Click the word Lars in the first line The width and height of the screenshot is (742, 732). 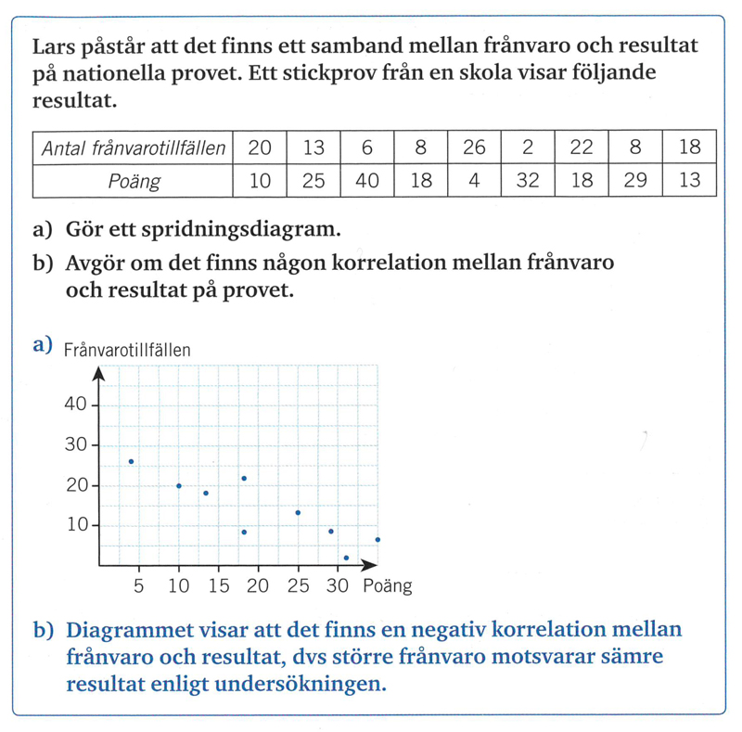52,46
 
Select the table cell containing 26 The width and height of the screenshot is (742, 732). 474,148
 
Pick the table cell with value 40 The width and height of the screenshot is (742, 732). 367,181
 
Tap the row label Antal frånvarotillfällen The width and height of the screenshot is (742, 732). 132,148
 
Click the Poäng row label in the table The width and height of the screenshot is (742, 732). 132,181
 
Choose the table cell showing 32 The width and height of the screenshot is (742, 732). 528,181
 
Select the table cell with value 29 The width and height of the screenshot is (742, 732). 635,181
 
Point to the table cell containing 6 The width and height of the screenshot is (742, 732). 367,148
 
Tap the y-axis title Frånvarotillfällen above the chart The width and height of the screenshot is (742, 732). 127,350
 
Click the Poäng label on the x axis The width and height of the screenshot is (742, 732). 388,586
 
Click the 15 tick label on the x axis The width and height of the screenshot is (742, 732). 218,586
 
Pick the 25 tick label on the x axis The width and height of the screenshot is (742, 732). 298,586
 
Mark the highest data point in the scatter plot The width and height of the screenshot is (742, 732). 131,461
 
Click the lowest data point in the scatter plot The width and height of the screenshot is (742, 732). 346,558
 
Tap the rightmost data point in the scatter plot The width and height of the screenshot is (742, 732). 377,539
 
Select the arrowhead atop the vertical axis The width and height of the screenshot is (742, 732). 99,373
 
